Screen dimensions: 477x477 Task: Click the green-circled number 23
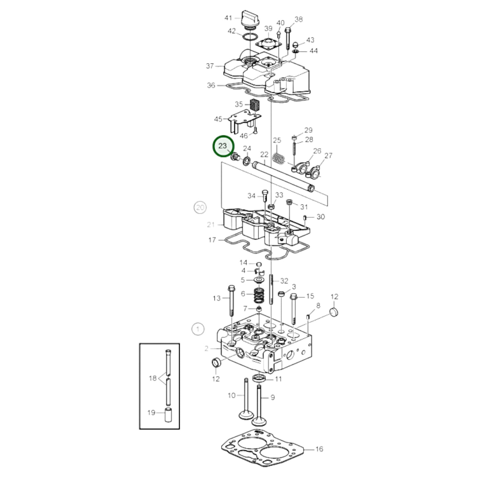click(223, 146)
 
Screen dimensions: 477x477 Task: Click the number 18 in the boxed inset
click(153, 378)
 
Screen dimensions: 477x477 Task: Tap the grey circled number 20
click(200, 208)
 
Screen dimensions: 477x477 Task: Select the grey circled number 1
click(198, 329)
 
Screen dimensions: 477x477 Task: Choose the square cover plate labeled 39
click(269, 44)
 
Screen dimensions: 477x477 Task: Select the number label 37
click(210, 66)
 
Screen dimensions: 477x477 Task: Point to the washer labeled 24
click(246, 161)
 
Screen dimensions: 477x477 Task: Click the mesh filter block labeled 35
click(254, 106)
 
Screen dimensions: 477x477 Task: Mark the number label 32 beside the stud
click(284, 281)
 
